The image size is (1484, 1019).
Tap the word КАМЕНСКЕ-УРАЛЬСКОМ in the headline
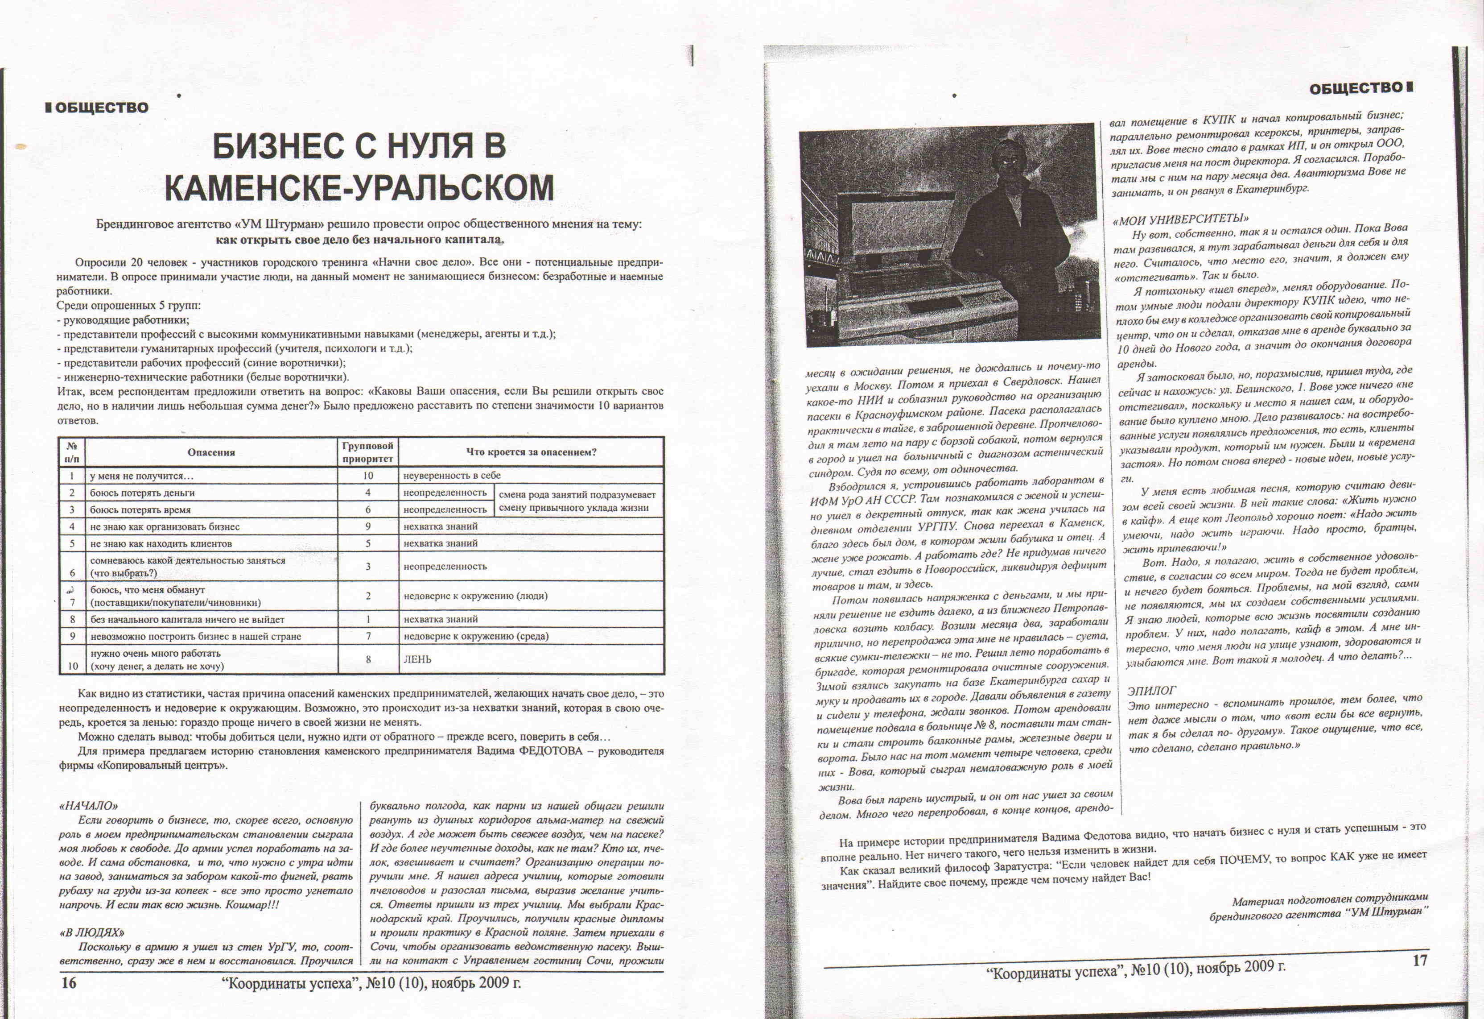[x=359, y=188]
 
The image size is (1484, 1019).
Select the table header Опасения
[x=211, y=452]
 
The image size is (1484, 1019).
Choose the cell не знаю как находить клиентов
[x=161, y=544]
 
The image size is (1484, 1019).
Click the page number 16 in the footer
[x=68, y=982]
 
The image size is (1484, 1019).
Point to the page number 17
[x=1419, y=960]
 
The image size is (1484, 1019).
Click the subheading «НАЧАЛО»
[x=88, y=806]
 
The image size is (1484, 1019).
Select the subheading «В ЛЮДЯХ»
[x=91, y=933]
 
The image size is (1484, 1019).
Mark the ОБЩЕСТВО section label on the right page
[x=1355, y=88]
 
